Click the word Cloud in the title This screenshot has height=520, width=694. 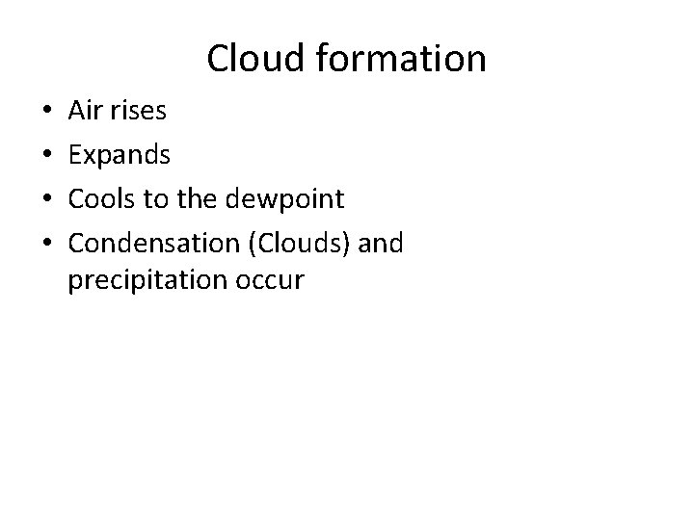point(247,59)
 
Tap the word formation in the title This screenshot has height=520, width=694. point(391,59)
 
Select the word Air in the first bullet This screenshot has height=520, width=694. point(84,112)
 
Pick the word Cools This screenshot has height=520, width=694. point(99,201)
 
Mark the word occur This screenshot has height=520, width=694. point(272,280)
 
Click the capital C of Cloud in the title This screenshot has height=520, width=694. point(217,59)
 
